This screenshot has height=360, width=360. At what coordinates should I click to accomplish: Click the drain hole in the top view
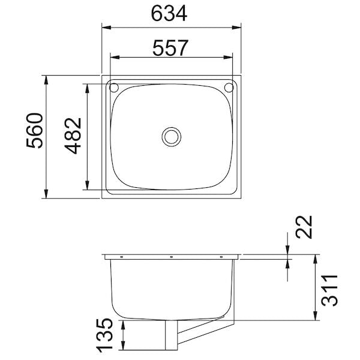point(172,136)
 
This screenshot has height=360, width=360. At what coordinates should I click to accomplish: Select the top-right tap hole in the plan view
point(229,88)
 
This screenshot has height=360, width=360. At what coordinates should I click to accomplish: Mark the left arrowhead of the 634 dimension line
point(106,27)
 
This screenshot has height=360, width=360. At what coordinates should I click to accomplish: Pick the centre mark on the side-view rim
point(172,257)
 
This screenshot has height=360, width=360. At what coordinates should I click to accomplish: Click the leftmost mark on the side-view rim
point(122,257)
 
